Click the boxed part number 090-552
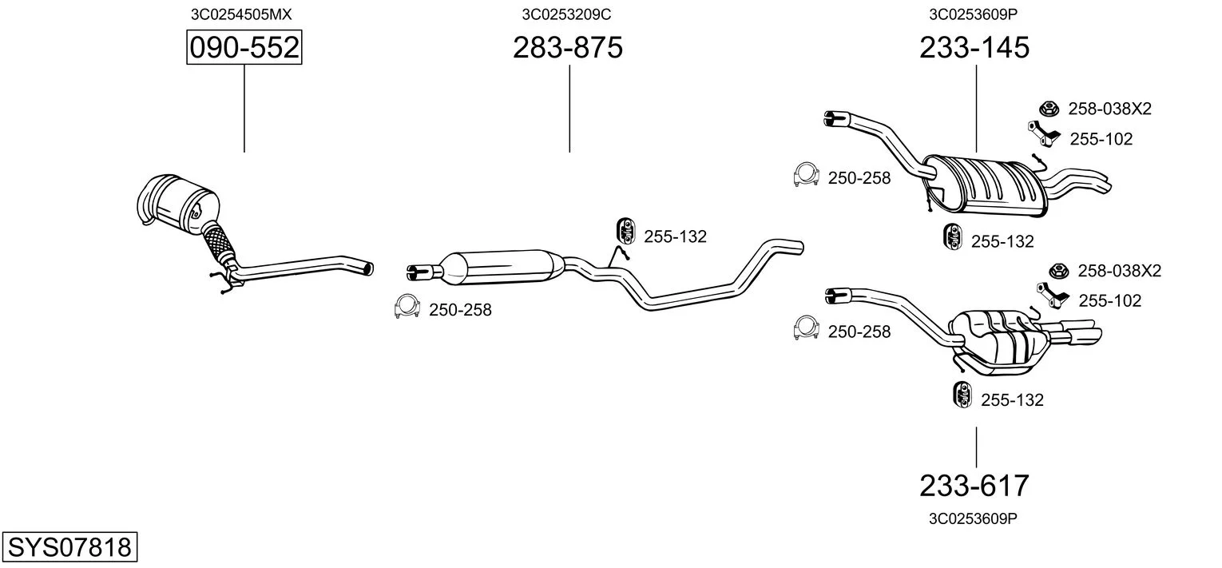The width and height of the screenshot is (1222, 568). (244, 47)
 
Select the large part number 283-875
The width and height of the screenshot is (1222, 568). (567, 47)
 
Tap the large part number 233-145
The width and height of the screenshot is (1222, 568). (974, 47)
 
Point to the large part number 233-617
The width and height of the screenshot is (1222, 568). (974, 486)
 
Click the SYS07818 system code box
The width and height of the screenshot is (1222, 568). (69, 546)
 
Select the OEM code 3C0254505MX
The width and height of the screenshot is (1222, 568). (241, 14)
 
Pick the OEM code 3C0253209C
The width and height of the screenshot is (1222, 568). (566, 14)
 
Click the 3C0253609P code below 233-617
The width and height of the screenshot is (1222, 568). (973, 518)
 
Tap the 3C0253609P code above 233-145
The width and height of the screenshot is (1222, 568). (974, 14)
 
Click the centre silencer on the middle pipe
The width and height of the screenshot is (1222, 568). (502, 268)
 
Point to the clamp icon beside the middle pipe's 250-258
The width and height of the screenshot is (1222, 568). (407, 307)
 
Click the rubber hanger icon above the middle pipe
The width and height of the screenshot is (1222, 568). (626, 232)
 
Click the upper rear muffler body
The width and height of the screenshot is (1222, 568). (985, 185)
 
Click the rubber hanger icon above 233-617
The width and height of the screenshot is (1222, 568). (962, 395)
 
